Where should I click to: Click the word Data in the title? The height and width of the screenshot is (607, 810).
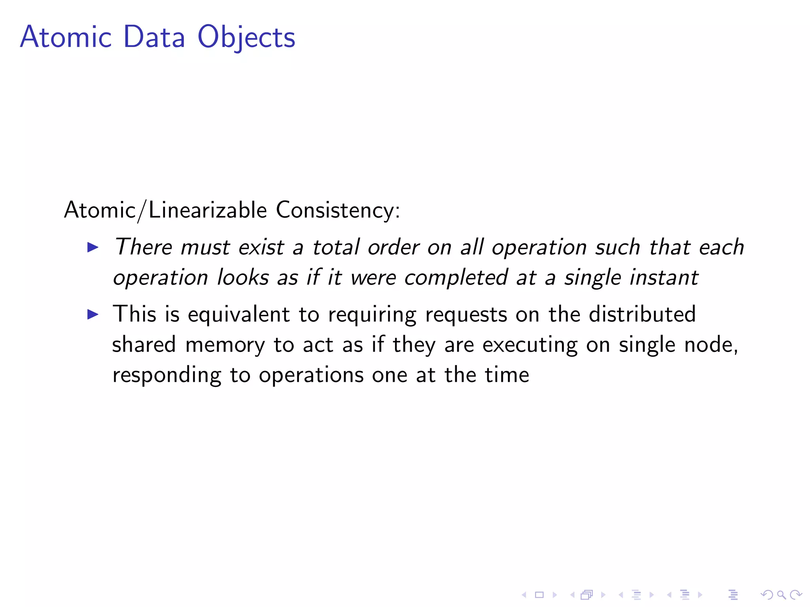[x=154, y=37]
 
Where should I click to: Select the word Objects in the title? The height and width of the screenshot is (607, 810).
[x=246, y=38]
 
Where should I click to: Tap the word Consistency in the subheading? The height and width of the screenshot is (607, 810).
[x=338, y=210]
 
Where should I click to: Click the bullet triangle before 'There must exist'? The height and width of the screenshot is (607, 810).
[x=93, y=248]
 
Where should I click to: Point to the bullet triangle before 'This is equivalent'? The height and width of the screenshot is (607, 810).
[x=93, y=315]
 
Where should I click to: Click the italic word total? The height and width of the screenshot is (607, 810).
[x=336, y=247]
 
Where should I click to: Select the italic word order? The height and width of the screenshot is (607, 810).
[x=393, y=248]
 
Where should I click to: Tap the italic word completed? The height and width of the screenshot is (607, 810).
[x=456, y=277]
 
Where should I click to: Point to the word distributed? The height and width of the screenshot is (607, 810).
[x=642, y=314]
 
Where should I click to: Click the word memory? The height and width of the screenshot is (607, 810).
[x=225, y=345]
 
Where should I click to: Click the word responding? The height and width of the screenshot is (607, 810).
[x=167, y=375]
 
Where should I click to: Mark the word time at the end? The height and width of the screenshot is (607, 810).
[x=507, y=375]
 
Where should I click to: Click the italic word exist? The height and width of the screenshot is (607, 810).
[x=261, y=248]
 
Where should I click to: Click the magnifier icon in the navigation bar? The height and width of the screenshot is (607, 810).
[x=781, y=594]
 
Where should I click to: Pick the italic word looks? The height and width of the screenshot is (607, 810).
[x=243, y=277]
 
